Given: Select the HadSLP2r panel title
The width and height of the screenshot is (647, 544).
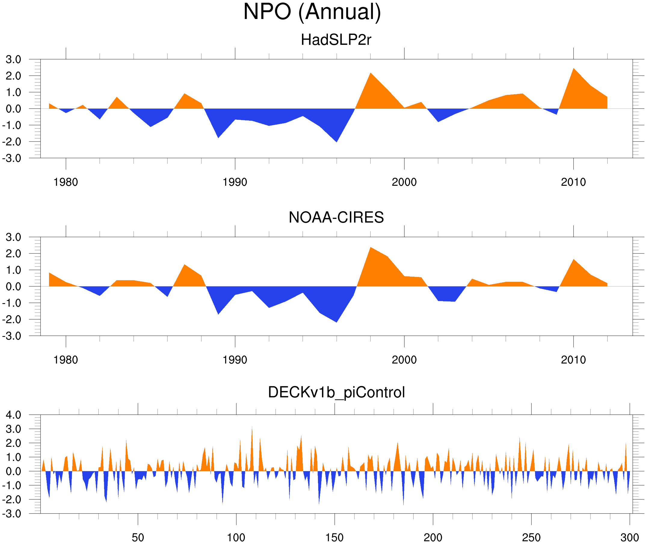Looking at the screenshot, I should click(x=336, y=40).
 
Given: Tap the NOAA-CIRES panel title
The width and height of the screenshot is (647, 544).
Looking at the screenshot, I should click(x=336, y=217).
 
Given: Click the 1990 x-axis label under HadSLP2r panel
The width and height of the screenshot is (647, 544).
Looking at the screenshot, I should click(x=235, y=182).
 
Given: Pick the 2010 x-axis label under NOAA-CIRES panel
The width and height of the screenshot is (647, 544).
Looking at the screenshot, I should click(x=573, y=360).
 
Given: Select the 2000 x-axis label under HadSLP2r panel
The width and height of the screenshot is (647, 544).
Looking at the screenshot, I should click(x=404, y=182).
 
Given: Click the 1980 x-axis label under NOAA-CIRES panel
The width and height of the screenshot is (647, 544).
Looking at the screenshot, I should click(x=66, y=360).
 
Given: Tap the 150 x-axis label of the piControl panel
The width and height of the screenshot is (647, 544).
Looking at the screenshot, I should click(x=334, y=537).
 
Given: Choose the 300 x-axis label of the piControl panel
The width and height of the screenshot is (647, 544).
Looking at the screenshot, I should click(x=630, y=537).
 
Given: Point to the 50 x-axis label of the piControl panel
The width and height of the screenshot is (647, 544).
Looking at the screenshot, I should click(x=138, y=537).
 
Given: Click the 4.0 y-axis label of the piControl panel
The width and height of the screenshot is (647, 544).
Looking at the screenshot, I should click(x=14, y=415).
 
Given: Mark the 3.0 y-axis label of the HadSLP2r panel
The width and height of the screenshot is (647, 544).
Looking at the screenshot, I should click(x=14, y=60).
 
